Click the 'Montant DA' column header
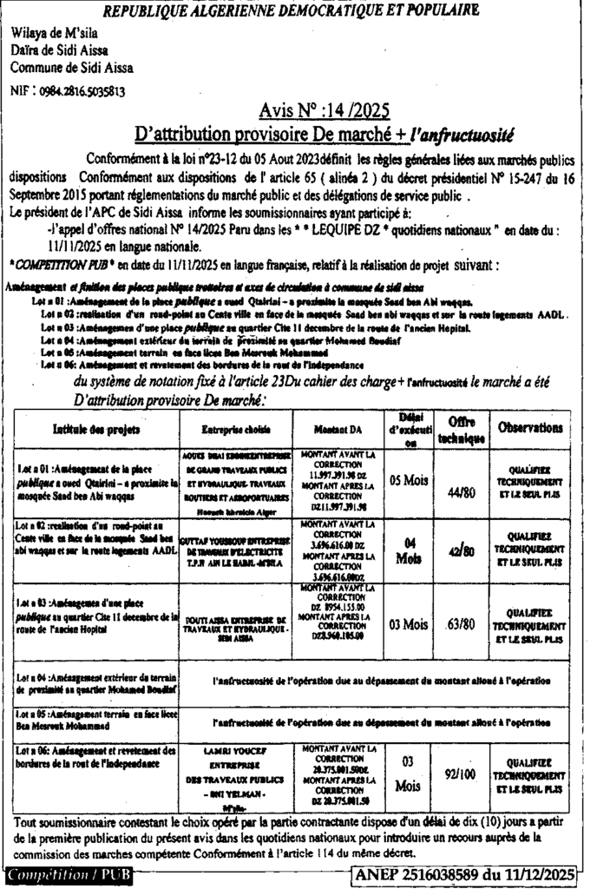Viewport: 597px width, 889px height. click(x=338, y=429)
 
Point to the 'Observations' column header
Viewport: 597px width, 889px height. click(x=529, y=428)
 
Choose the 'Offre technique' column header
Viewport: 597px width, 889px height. click(x=460, y=429)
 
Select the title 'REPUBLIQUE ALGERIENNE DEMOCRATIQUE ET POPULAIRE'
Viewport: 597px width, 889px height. click(x=290, y=11)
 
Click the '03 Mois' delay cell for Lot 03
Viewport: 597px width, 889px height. click(x=408, y=624)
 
